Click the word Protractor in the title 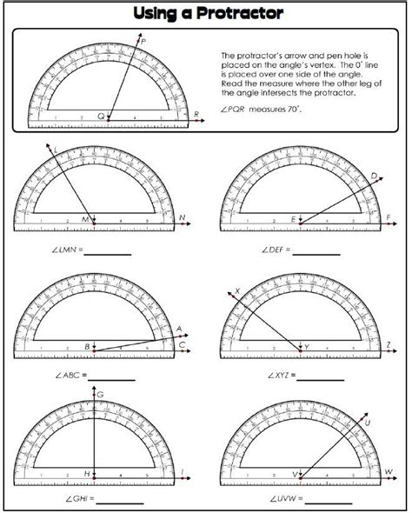[x=244, y=13]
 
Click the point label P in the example [x=143, y=41]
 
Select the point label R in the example [x=197, y=114]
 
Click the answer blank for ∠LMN [x=107, y=255]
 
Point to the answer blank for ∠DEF [x=313, y=255]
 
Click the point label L [x=56, y=150]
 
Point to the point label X [x=236, y=292]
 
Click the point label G [x=100, y=396]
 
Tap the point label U [x=368, y=422]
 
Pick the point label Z [x=389, y=345]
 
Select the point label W [x=389, y=470]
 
